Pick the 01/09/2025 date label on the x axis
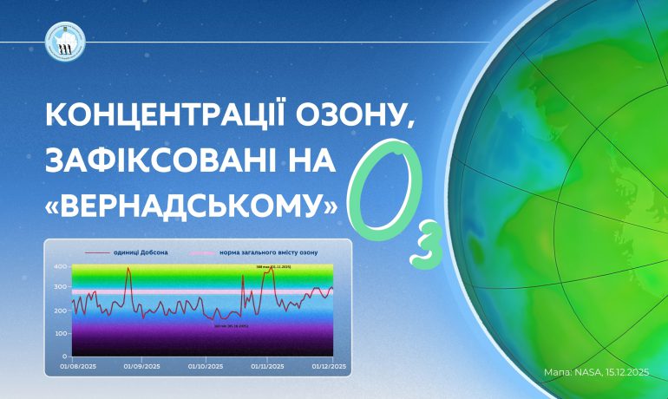(x=139, y=366)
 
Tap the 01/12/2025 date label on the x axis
(x=330, y=366)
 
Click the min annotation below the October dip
(x=232, y=326)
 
